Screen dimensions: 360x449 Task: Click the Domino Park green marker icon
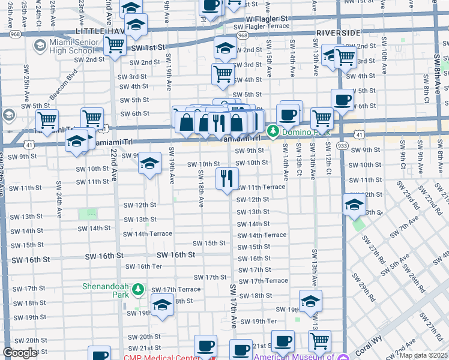(273, 130)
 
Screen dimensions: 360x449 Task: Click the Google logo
(20, 353)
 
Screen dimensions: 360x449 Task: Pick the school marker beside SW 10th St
(150, 163)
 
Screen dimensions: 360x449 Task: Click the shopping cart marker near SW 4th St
(223, 74)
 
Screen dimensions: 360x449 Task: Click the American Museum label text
(298, 356)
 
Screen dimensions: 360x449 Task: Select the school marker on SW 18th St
(162, 305)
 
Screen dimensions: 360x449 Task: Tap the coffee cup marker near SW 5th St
(342, 100)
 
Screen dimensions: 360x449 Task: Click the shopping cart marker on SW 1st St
(115, 45)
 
